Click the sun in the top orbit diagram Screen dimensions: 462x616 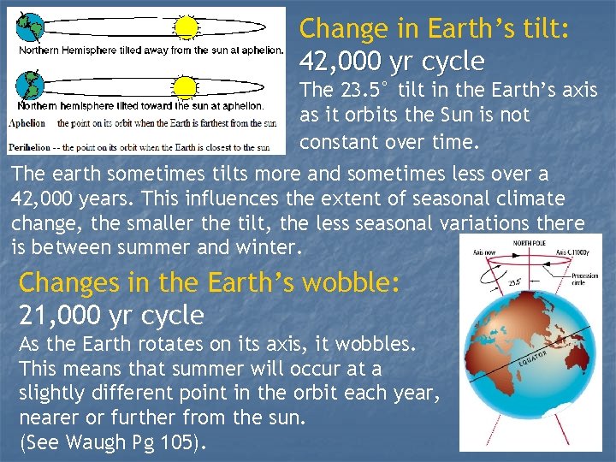(x=186, y=27)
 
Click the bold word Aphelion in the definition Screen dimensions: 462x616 (x=27, y=123)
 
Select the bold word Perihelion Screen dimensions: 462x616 (x=32, y=146)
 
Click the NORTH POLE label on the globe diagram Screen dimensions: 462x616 (x=530, y=243)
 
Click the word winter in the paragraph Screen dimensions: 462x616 (x=269, y=248)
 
